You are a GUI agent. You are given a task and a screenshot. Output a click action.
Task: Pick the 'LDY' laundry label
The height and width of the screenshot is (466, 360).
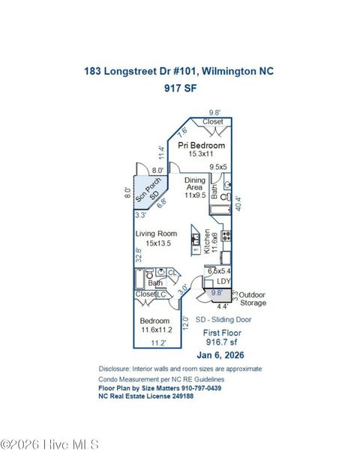(x=224, y=282)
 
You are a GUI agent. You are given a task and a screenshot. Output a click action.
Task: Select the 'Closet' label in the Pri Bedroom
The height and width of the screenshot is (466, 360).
(x=213, y=121)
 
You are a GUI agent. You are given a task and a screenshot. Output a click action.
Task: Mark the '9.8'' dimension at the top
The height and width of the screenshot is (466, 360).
(x=216, y=112)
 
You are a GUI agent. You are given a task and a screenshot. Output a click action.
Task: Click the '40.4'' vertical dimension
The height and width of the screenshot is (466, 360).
(x=238, y=202)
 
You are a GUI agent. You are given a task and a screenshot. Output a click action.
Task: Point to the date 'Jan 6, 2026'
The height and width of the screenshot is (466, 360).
(x=221, y=355)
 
